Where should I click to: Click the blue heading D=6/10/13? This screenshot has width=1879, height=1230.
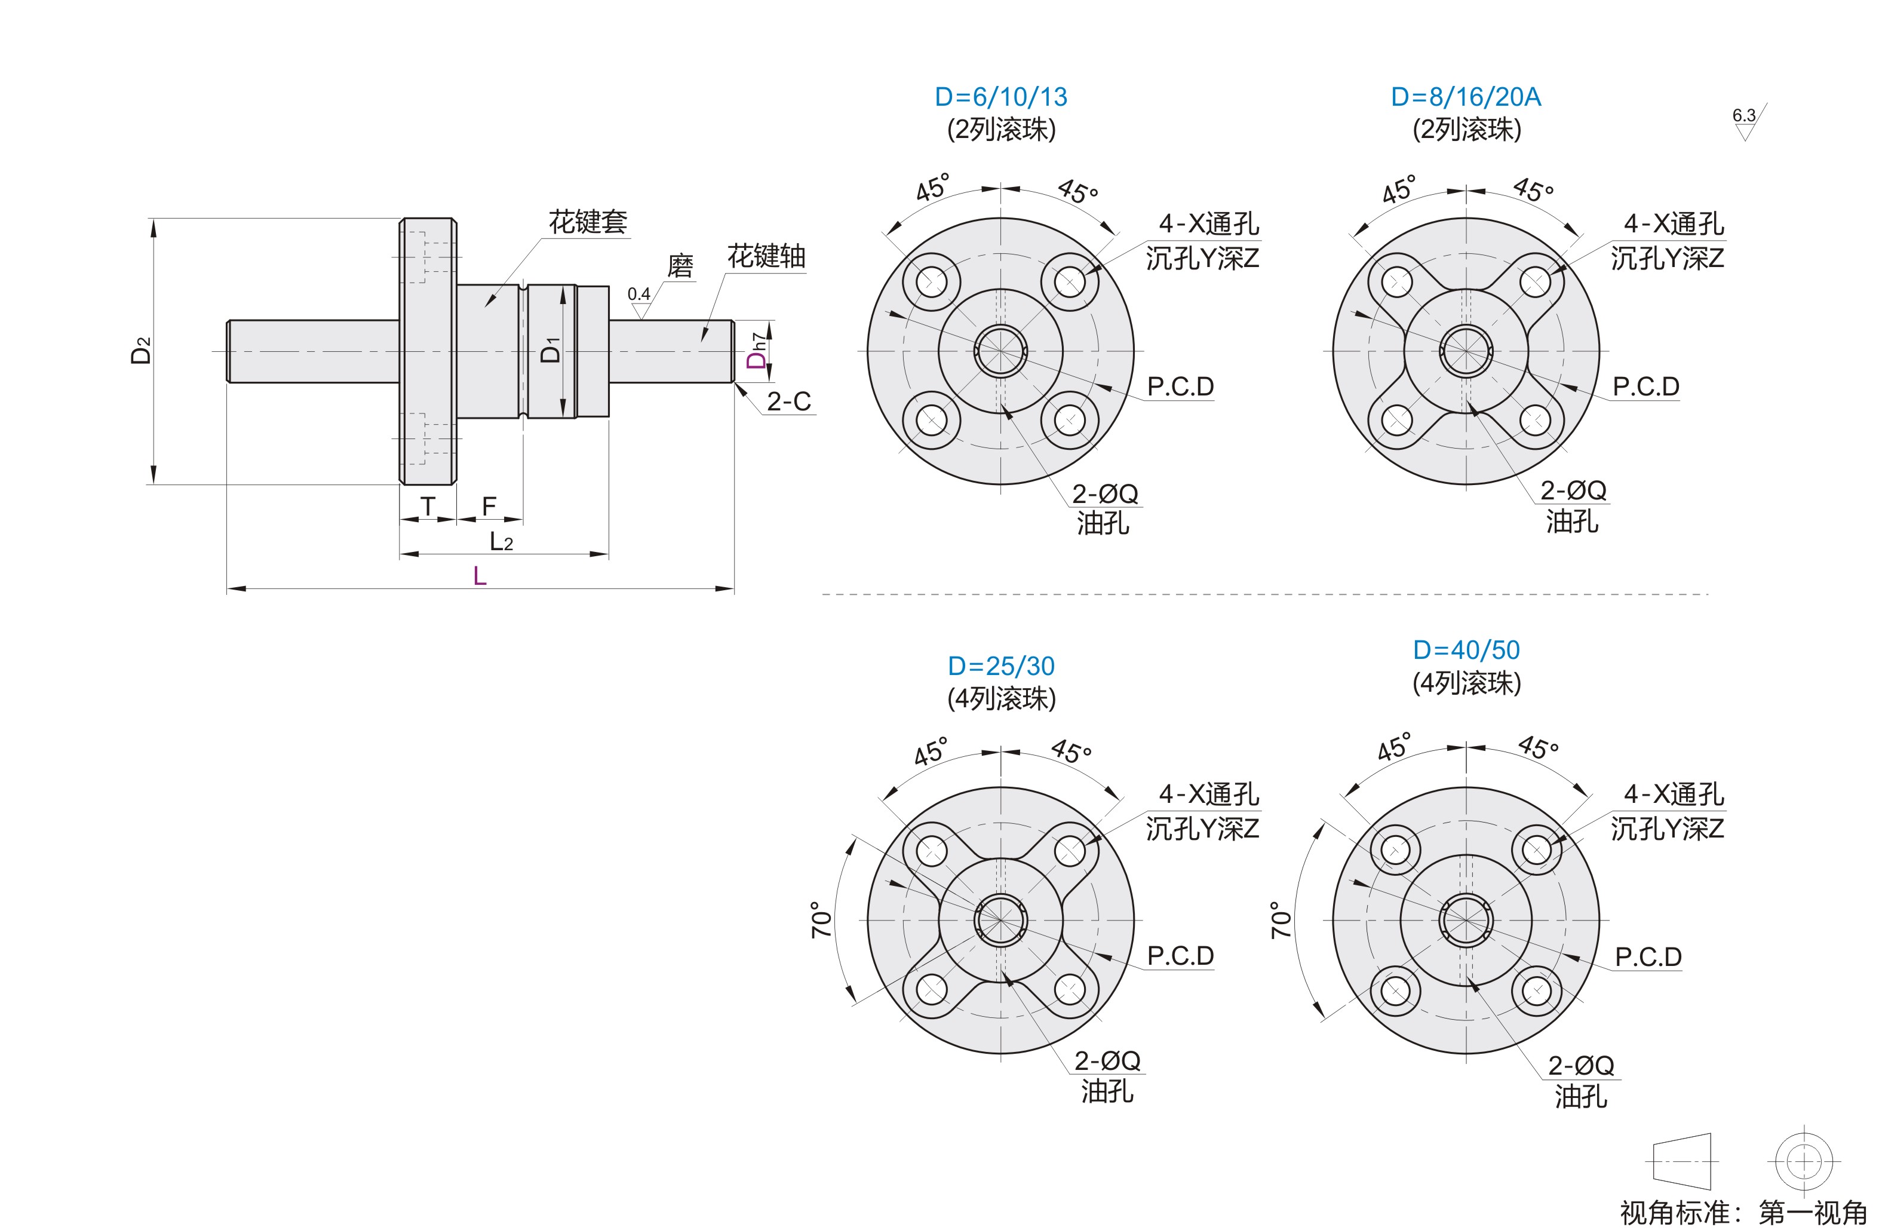click(x=1000, y=97)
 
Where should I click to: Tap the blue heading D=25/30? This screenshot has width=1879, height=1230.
click(x=1000, y=666)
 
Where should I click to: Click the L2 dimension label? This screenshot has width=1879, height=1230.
click(x=501, y=542)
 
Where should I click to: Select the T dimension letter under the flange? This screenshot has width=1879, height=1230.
click(x=427, y=506)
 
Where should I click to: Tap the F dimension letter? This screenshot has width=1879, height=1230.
click(x=489, y=506)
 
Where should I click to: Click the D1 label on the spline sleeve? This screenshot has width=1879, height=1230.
click(x=550, y=349)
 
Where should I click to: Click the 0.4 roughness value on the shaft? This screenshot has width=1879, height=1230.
click(x=638, y=295)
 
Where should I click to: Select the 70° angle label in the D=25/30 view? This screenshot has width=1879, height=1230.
click(x=822, y=920)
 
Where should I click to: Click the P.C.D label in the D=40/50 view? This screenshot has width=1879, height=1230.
click(x=1648, y=957)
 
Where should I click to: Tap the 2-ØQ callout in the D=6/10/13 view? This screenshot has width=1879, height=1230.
click(x=1104, y=494)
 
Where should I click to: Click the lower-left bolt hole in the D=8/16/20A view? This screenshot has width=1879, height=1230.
click(x=1396, y=420)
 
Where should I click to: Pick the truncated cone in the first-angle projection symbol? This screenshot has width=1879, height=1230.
click(x=1682, y=1161)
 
